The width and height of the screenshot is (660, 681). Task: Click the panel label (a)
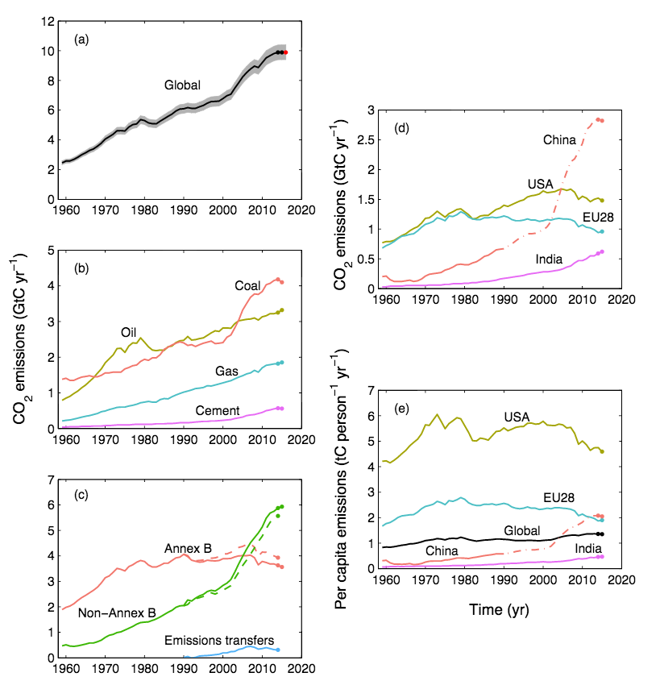(x=81, y=38)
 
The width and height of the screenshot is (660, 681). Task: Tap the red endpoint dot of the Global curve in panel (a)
(x=286, y=52)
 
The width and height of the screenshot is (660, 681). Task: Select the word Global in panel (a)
(x=182, y=85)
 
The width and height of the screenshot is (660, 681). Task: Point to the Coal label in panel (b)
(x=247, y=285)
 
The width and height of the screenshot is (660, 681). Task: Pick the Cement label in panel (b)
(x=218, y=411)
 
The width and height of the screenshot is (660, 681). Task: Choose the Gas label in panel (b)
(x=227, y=372)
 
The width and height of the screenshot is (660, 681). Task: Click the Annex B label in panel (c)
(x=189, y=549)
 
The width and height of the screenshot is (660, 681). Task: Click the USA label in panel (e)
(x=517, y=417)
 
